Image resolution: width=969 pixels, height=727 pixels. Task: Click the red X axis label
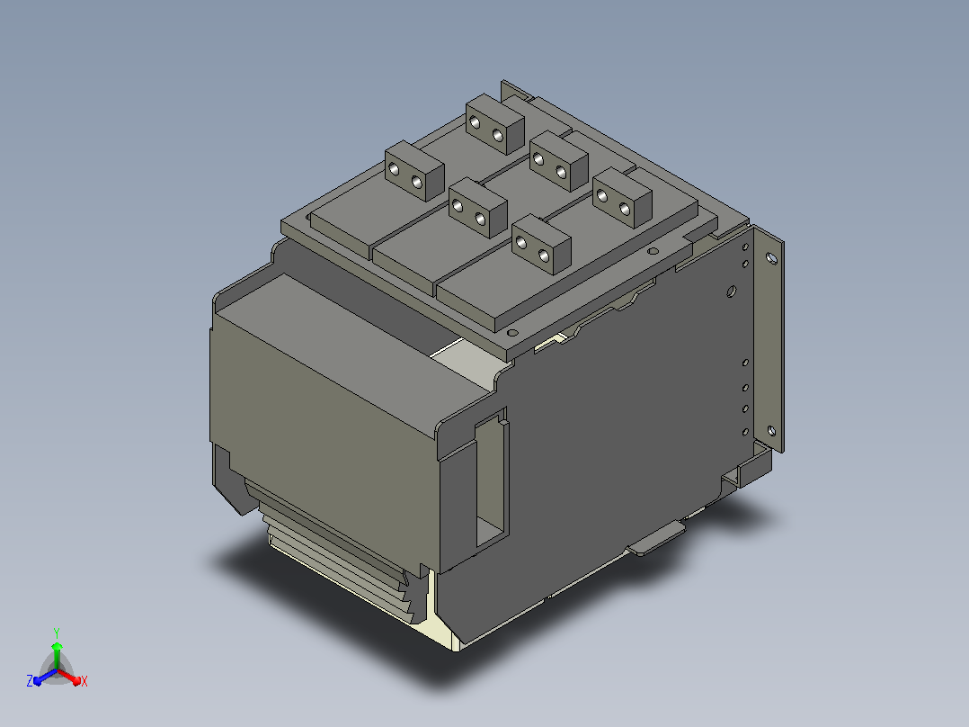point(84,681)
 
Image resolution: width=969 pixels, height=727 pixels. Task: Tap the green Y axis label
point(57,633)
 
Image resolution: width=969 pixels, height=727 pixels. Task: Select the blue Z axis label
point(29,680)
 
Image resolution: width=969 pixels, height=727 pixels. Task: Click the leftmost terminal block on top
point(414,171)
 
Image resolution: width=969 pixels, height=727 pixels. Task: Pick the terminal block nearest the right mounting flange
point(622,198)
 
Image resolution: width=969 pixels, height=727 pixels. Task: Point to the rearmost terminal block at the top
point(495,124)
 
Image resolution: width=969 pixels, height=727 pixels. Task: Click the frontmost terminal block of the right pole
point(541,245)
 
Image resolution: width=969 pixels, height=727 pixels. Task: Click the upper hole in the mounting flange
point(771,258)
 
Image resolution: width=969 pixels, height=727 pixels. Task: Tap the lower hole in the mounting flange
point(771,431)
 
